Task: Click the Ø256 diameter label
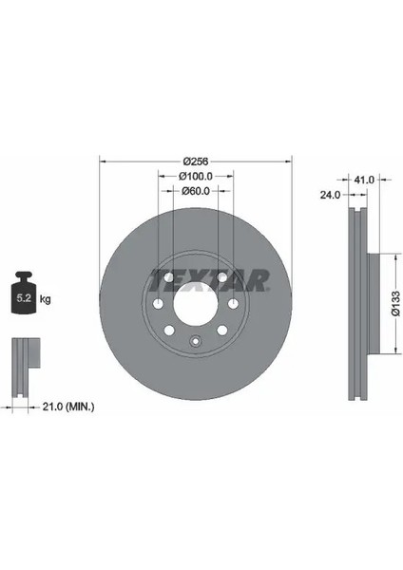pyautogui.click(x=196, y=161)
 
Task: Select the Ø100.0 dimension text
pyautogui.click(x=196, y=177)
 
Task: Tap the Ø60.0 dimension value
pyautogui.click(x=196, y=191)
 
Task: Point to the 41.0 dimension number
pyautogui.click(x=364, y=180)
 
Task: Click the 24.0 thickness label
pyautogui.click(x=330, y=195)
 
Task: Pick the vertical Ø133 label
pyautogui.click(x=396, y=304)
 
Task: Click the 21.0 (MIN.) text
pyautogui.click(x=68, y=407)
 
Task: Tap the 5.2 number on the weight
pyautogui.click(x=24, y=298)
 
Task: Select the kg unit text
pyautogui.click(x=45, y=299)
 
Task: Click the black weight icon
pyautogui.click(x=24, y=293)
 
